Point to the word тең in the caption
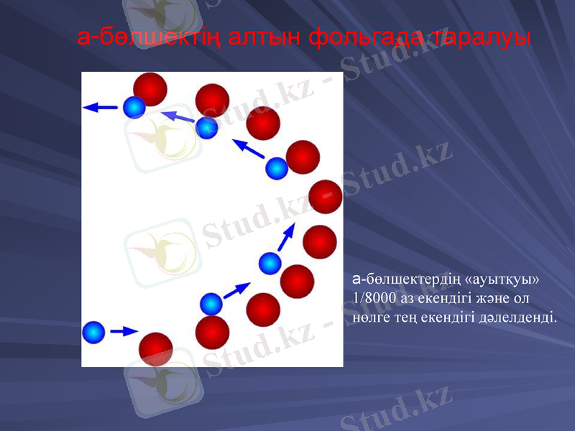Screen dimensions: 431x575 point(411,315)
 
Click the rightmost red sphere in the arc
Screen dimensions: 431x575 point(325,197)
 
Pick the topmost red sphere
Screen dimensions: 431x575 point(150,89)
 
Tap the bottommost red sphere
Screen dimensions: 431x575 point(156,349)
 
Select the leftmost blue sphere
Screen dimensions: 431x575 point(93,332)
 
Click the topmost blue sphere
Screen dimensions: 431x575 point(134,107)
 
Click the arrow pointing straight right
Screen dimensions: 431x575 point(124,331)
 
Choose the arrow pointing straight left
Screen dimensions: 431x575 point(100,108)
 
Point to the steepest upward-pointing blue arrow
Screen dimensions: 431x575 point(286,236)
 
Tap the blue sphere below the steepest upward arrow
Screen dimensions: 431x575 point(270,263)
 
